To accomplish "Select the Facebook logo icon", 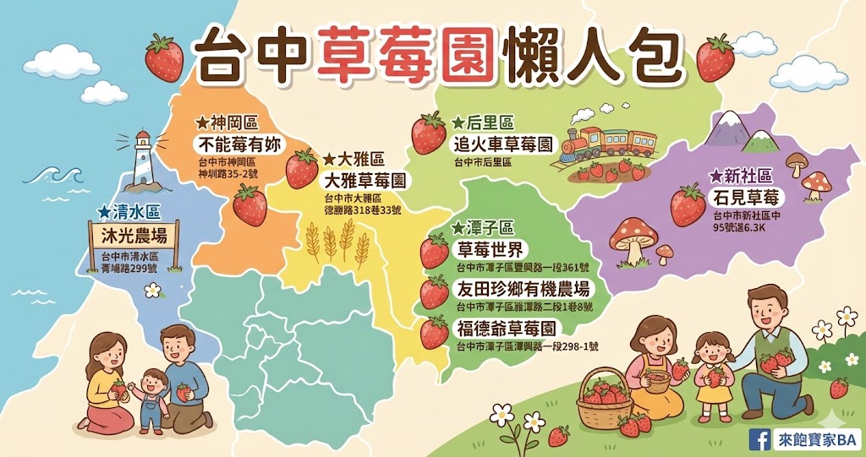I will point(759,438).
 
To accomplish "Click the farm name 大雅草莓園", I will point(364,181).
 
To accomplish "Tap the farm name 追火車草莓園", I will point(502,144).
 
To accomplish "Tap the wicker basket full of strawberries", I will point(604,400).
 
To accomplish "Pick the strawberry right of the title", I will point(715,57).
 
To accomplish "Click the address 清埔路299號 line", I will point(133,268).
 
